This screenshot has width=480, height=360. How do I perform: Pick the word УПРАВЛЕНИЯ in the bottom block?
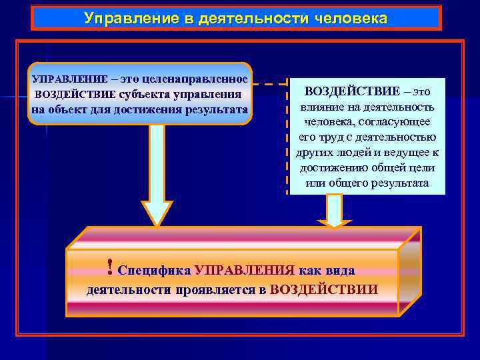(244, 270)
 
